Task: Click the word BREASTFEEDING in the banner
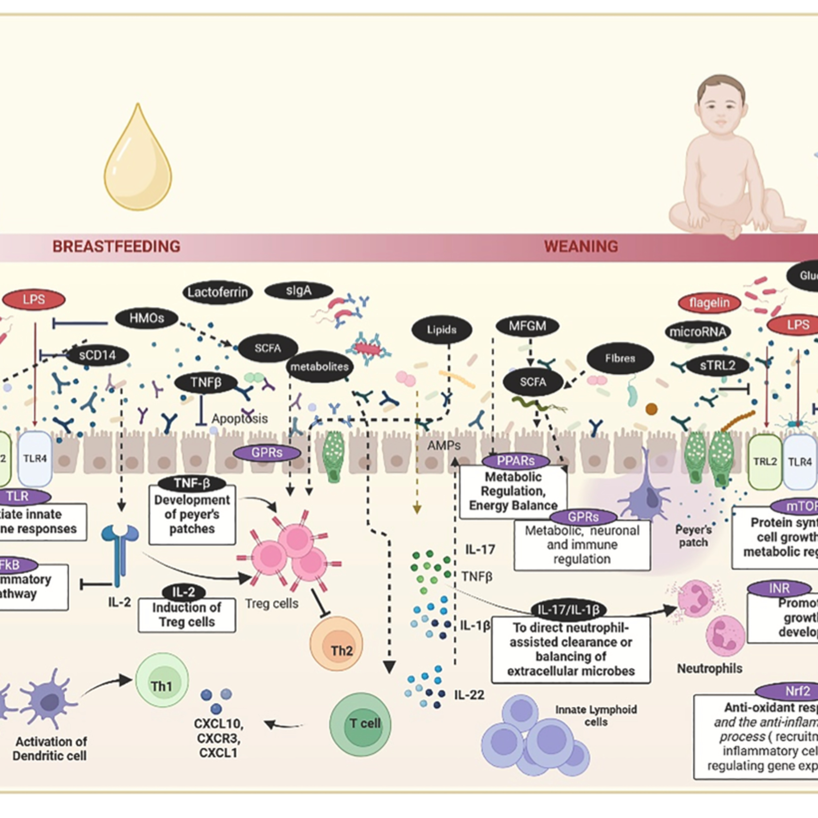pyautogui.click(x=116, y=246)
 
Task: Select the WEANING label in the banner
pyautogui.click(x=581, y=246)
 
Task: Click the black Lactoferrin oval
pyautogui.click(x=218, y=292)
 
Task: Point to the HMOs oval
pyautogui.click(x=146, y=318)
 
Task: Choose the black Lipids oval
pyautogui.click(x=442, y=330)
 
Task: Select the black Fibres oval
pyautogui.click(x=620, y=359)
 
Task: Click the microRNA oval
pyautogui.click(x=698, y=332)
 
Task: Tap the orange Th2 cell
pyautogui.click(x=336, y=643)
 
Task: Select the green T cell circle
pyautogui.click(x=360, y=723)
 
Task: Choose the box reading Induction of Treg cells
pyautogui.click(x=187, y=614)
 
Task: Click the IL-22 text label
pyautogui.click(x=469, y=695)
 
